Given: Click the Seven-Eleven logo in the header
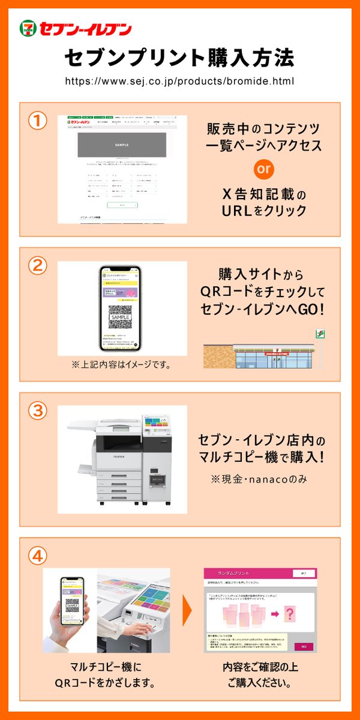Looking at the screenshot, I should pyautogui.click(x=76, y=28).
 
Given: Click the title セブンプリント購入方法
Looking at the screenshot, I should pyautogui.click(x=179, y=58).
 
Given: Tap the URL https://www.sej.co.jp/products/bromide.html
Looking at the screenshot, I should pyautogui.click(x=179, y=80).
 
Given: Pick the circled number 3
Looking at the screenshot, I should pyautogui.click(x=38, y=411).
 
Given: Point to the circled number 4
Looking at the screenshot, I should pyautogui.click(x=38, y=556).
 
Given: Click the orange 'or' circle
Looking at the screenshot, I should pyautogui.click(x=263, y=169).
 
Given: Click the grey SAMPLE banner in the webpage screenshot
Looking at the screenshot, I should pyautogui.click(x=122, y=145).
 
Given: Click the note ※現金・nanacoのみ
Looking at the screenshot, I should pyautogui.click(x=263, y=481).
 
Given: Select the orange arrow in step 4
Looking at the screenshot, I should pyautogui.click(x=187, y=611).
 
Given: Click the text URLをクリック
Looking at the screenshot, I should pyautogui.click(x=263, y=211).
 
